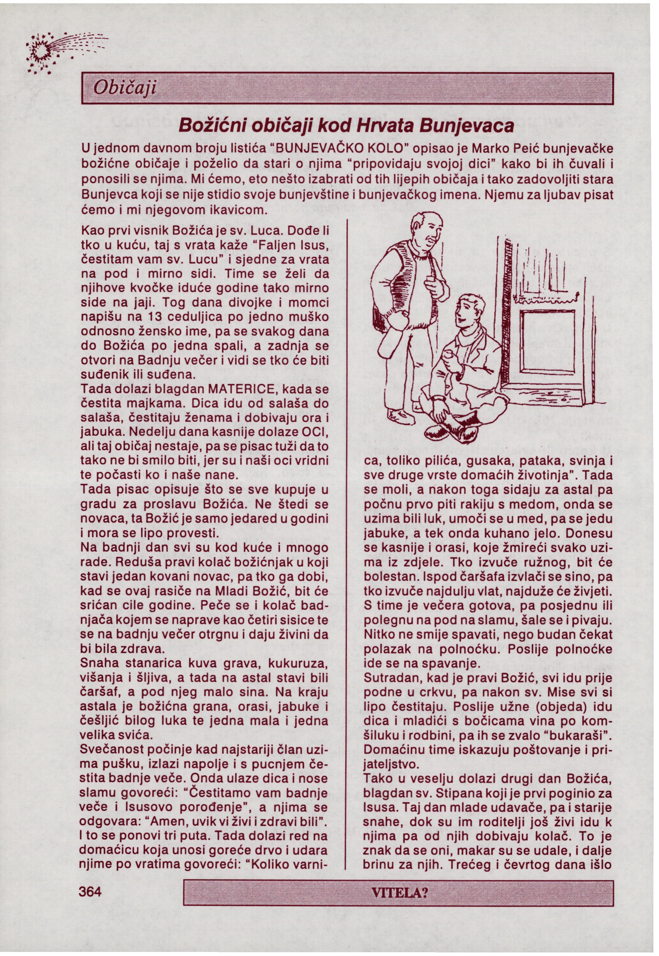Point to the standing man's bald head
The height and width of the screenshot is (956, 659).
coord(429,223)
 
